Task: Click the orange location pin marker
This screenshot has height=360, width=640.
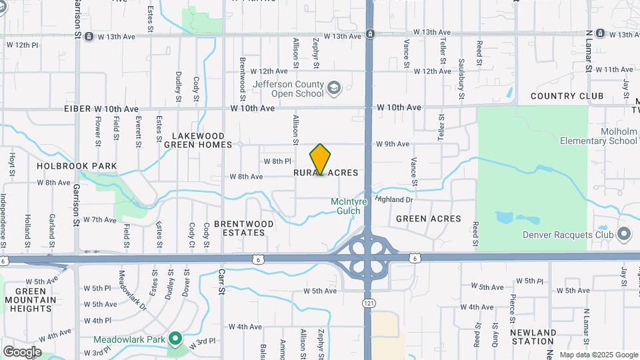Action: coord(320,159)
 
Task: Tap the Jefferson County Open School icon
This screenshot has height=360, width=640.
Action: coord(333,87)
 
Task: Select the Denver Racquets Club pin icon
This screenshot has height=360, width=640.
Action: coord(624,234)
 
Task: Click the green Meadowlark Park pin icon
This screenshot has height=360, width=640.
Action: coord(176,338)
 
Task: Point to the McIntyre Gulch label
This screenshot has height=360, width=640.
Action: coord(346,206)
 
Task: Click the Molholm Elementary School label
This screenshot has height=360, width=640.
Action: coord(598,136)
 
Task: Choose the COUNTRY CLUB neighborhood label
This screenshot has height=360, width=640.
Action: coord(567,96)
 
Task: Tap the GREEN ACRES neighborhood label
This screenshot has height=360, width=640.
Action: coord(428,219)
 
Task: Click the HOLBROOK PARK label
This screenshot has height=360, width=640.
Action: coord(77,166)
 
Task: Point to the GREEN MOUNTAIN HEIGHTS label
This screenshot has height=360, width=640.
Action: coord(31,300)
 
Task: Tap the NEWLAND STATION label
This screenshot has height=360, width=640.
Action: coord(533,337)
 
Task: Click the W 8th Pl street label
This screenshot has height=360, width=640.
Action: coord(277,161)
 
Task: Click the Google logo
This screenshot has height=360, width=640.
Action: coord(22,351)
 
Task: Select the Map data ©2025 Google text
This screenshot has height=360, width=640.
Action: coord(598,355)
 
